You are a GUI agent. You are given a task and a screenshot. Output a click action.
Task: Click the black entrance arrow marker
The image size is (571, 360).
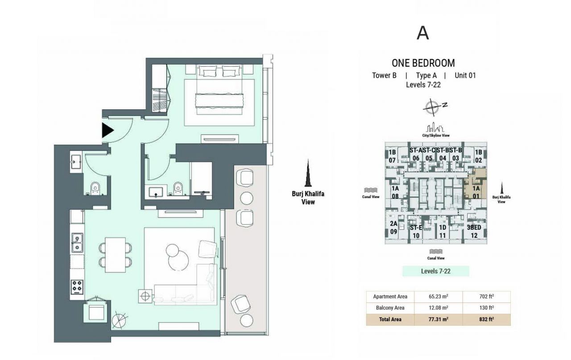[108, 130]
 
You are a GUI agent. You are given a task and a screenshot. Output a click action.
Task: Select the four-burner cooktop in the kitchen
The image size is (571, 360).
[77, 286]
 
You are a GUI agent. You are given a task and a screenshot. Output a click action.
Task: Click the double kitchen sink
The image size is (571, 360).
[77, 243]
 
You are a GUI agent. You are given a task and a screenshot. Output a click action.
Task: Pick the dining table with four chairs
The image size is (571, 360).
[115, 255]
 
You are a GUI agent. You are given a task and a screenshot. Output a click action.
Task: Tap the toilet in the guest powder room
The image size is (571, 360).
[95, 189]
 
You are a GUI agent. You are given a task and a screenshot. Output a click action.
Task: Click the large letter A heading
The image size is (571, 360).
[422, 33]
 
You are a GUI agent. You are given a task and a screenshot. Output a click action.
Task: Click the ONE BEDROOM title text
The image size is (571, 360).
[423, 63]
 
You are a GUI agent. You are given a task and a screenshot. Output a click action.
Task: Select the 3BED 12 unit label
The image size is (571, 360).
[474, 231]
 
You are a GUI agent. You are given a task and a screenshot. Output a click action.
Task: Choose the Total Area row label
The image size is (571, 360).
[390, 319]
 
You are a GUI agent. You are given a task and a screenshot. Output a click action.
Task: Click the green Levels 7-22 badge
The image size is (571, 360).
[435, 271]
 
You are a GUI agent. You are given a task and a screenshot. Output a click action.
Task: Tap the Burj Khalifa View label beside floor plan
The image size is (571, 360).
[308, 198]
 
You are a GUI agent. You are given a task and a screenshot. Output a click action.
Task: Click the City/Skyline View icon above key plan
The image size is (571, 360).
[436, 128]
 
